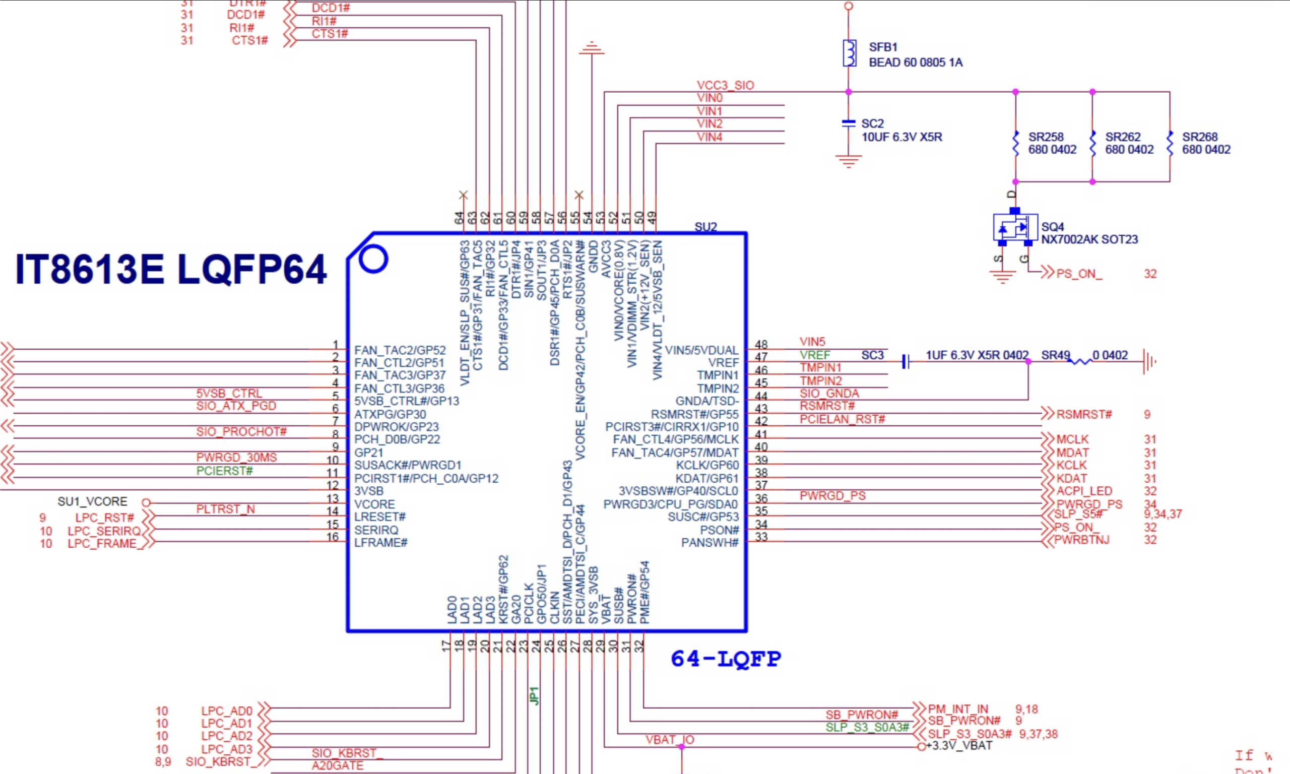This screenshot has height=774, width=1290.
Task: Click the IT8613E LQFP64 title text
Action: tap(171, 269)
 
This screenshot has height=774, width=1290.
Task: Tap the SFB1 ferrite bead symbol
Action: tap(850, 53)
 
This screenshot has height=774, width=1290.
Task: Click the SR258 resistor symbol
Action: tap(1015, 143)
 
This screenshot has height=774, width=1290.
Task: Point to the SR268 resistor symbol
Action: tap(1170, 143)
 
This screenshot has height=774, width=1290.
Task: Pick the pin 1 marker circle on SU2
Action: tap(373, 259)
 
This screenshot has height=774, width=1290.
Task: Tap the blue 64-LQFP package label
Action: tap(726, 659)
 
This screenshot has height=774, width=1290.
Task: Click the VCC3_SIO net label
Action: tap(725, 85)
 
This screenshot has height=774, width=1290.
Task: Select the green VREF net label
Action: tap(814, 355)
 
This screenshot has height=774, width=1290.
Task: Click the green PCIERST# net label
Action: tap(224, 471)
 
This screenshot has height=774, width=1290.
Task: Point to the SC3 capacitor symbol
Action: tap(906, 361)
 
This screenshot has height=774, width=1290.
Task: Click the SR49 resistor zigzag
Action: tap(1080, 361)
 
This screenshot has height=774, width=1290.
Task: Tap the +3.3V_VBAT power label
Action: tap(959, 746)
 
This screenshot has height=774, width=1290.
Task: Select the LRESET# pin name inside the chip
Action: tap(379, 517)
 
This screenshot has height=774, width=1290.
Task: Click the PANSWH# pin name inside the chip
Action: tap(709, 543)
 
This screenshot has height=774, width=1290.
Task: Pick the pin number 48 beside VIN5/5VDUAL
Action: tap(761, 345)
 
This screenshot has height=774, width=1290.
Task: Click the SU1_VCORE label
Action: tap(92, 502)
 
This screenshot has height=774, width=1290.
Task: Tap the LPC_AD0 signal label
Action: tap(226, 711)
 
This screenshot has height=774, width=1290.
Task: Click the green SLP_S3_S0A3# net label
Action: tap(867, 728)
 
